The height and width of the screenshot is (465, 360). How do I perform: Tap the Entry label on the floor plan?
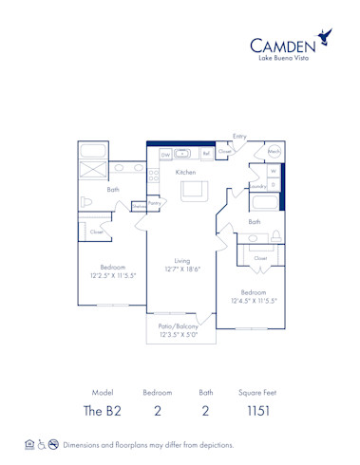(x=239, y=137)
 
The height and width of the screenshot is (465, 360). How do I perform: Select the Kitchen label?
(x=186, y=172)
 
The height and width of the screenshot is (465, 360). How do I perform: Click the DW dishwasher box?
(x=164, y=154)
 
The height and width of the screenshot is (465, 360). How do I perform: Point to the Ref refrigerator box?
(x=206, y=153)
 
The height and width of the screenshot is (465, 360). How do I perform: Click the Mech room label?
(x=274, y=152)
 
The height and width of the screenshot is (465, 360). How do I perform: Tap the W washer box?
(x=273, y=172)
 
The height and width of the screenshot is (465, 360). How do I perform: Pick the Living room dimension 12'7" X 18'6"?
(x=181, y=270)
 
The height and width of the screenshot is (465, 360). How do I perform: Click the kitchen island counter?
(x=195, y=191)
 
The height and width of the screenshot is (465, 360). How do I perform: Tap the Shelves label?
(x=139, y=205)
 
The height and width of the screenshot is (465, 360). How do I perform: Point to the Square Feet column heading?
(x=257, y=392)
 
